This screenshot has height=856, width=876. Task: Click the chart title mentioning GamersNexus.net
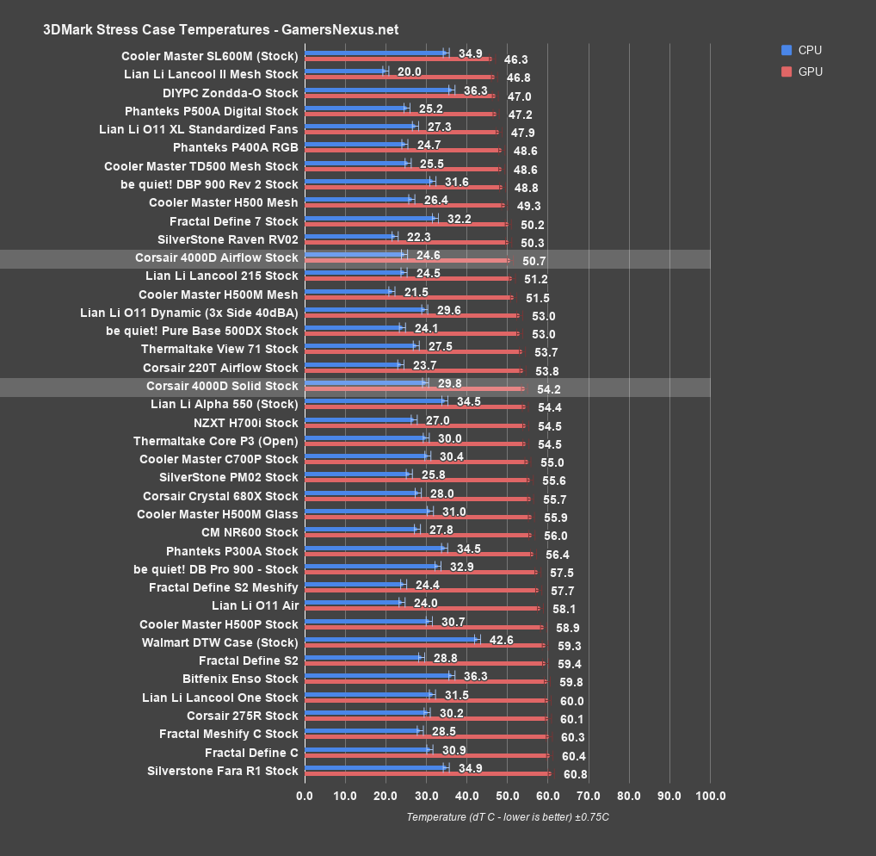click(x=220, y=29)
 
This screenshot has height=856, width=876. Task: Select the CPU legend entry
click(x=810, y=50)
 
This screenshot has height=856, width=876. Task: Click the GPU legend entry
click(x=810, y=71)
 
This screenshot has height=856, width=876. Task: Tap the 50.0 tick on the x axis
click(x=507, y=795)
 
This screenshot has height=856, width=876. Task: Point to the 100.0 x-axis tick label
click(x=710, y=795)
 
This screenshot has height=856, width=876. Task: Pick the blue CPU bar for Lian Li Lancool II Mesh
click(x=345, y=71)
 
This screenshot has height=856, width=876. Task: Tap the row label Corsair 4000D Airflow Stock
click(x=216, y=257)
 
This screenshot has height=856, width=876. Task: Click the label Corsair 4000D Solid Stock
click(x=222, y=386)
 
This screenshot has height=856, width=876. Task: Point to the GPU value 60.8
click(x=575, y=774)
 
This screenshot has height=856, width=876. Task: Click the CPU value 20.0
click(x=409, y=71)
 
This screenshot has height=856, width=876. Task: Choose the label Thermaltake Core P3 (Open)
click(x=215, y=441)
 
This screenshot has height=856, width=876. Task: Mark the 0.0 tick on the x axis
click(x=305, y=795)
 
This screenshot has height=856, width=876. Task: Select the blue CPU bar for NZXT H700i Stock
click(x=359, y=419)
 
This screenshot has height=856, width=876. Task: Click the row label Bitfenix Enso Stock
click(x=240, y=679)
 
